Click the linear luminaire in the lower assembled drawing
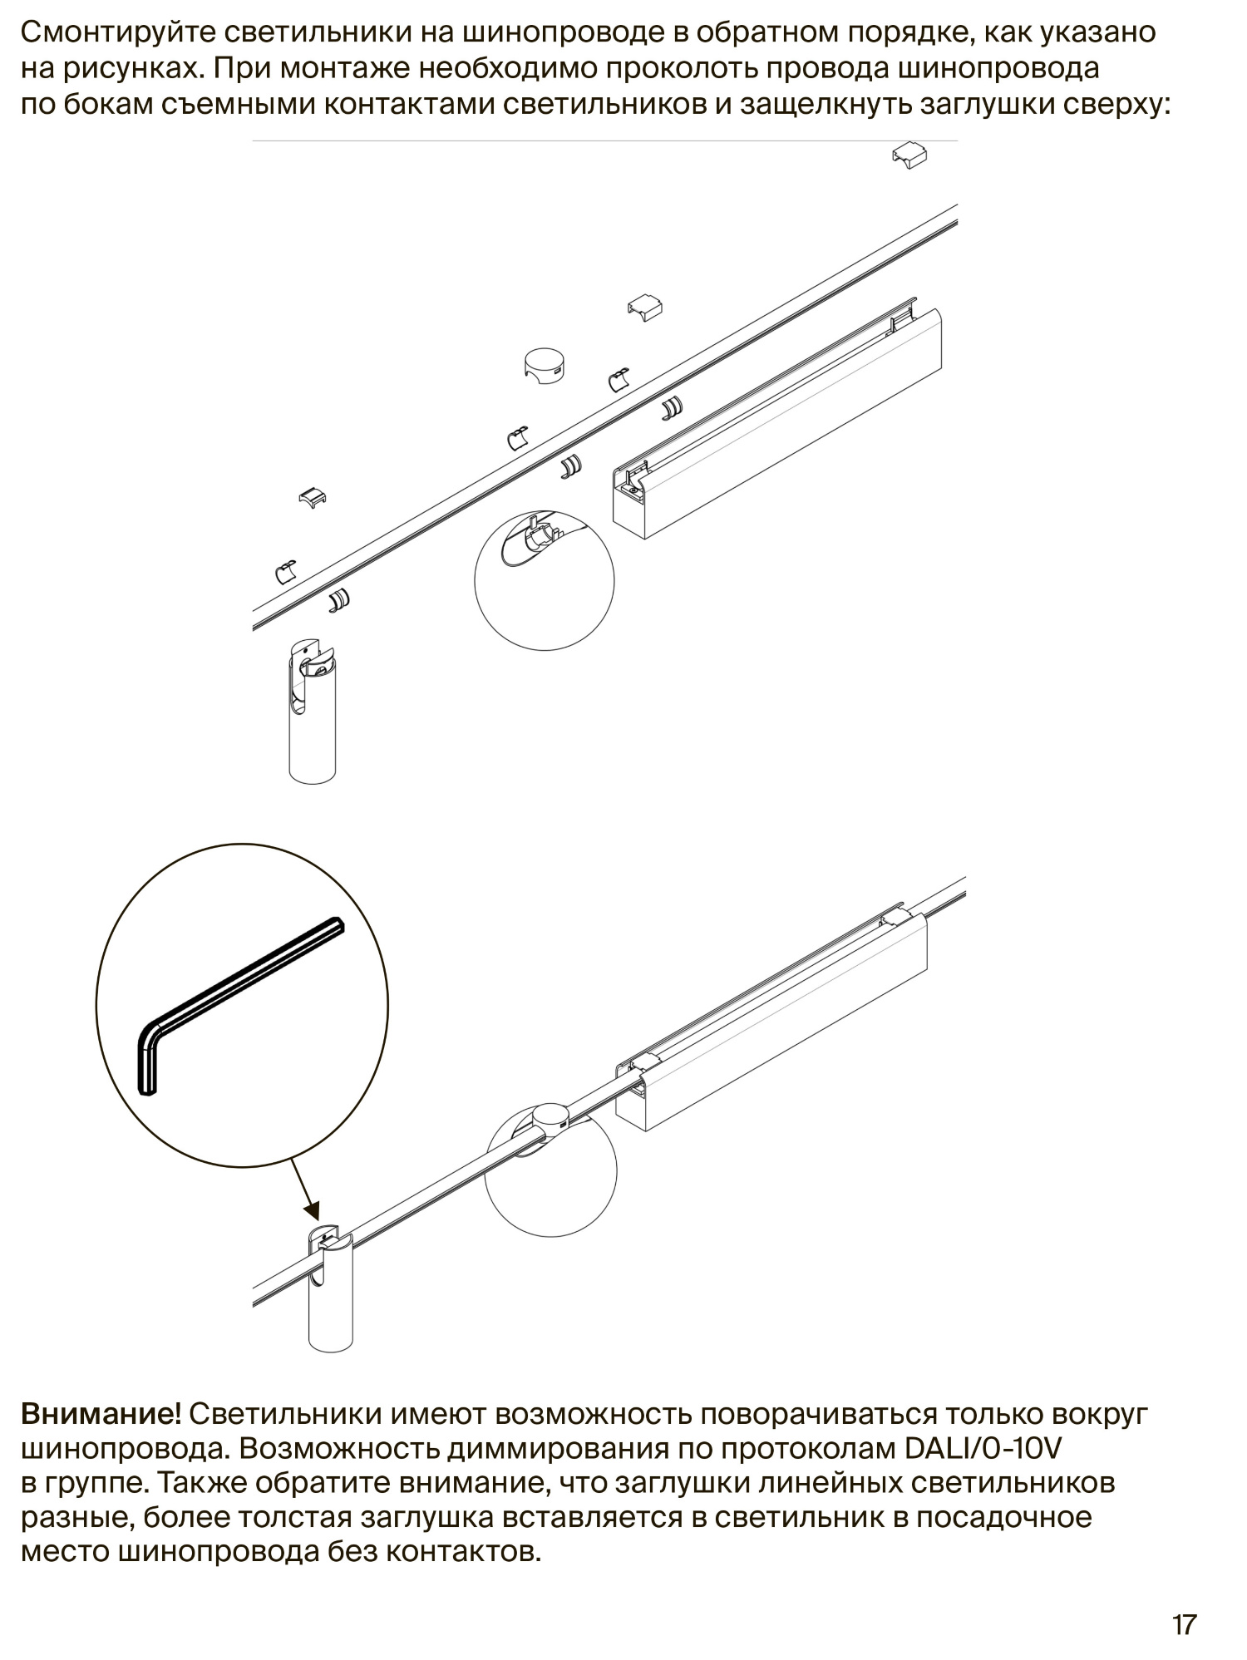771,1016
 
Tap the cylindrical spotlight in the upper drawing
312,711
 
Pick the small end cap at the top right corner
909,155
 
